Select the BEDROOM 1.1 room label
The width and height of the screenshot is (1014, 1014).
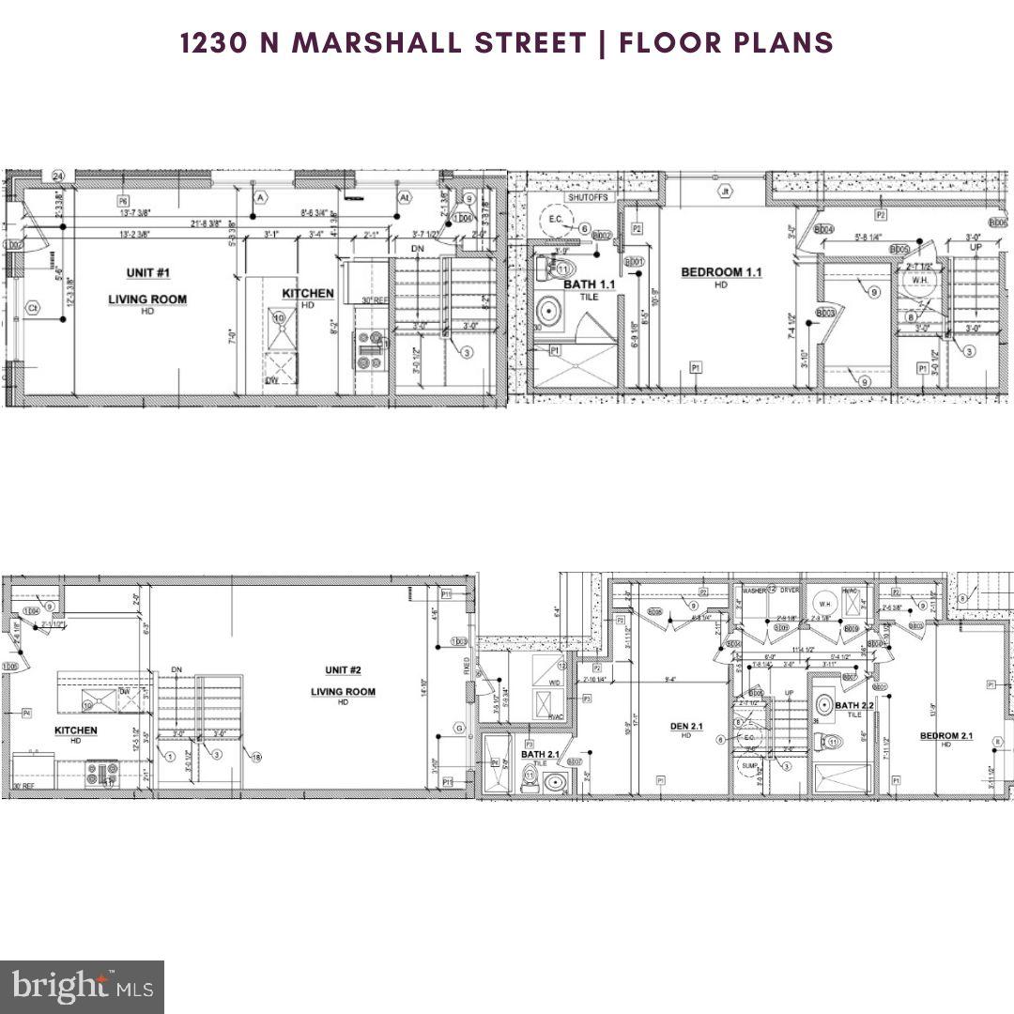pyautogui.click(x=721, y=272)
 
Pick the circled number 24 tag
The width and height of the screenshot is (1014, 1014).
pyautogui.click(x=58, y=177)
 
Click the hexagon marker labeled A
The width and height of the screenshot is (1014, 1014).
pyautogui.click(x=260, y=197)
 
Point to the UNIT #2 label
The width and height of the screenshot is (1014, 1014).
pyautogui.click(x=343, y=670)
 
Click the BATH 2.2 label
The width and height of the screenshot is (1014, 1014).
pyautogui.click(x=854, y=705)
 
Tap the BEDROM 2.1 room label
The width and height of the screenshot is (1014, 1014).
pyautogui.click(x=946, y=735)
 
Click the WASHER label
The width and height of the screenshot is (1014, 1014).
pyautogui.click(x=755, y=590)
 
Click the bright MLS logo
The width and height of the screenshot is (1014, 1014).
pyautogui.click(x=82, y=986)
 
